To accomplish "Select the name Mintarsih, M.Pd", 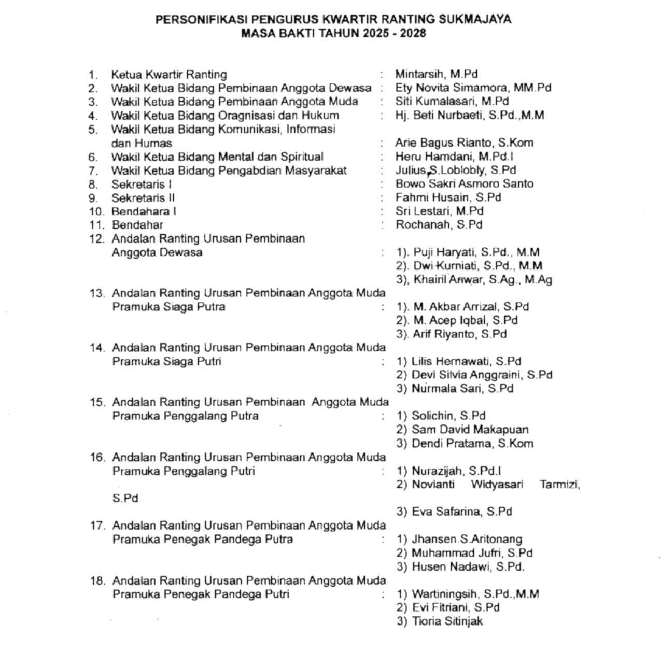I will [436, 74].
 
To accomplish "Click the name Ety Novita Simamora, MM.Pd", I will [473, 88].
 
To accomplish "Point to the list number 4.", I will [93, 116].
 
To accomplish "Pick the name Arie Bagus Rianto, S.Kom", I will [464, 143].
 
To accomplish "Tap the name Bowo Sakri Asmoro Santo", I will [464, 184].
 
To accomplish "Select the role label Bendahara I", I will [144, 211].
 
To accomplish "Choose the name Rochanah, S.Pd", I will [439, 225].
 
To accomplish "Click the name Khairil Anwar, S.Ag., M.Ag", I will [482, 280].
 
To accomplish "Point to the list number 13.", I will [97, 293].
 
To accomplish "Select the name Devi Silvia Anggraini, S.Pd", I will [482, 375].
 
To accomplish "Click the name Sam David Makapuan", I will [470, 430].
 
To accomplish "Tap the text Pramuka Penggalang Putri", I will [184, 471].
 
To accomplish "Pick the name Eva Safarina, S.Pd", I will [461, 512].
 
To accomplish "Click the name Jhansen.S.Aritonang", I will [467, 540].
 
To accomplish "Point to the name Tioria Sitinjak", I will [447, 621].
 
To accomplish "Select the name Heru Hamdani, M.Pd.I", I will [454, 157].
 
